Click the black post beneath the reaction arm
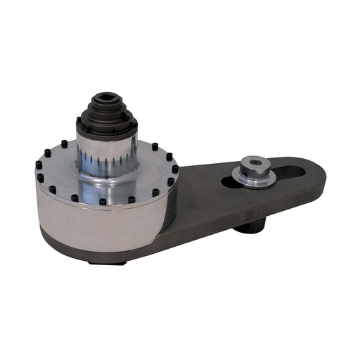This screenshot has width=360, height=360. coord(250,224)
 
